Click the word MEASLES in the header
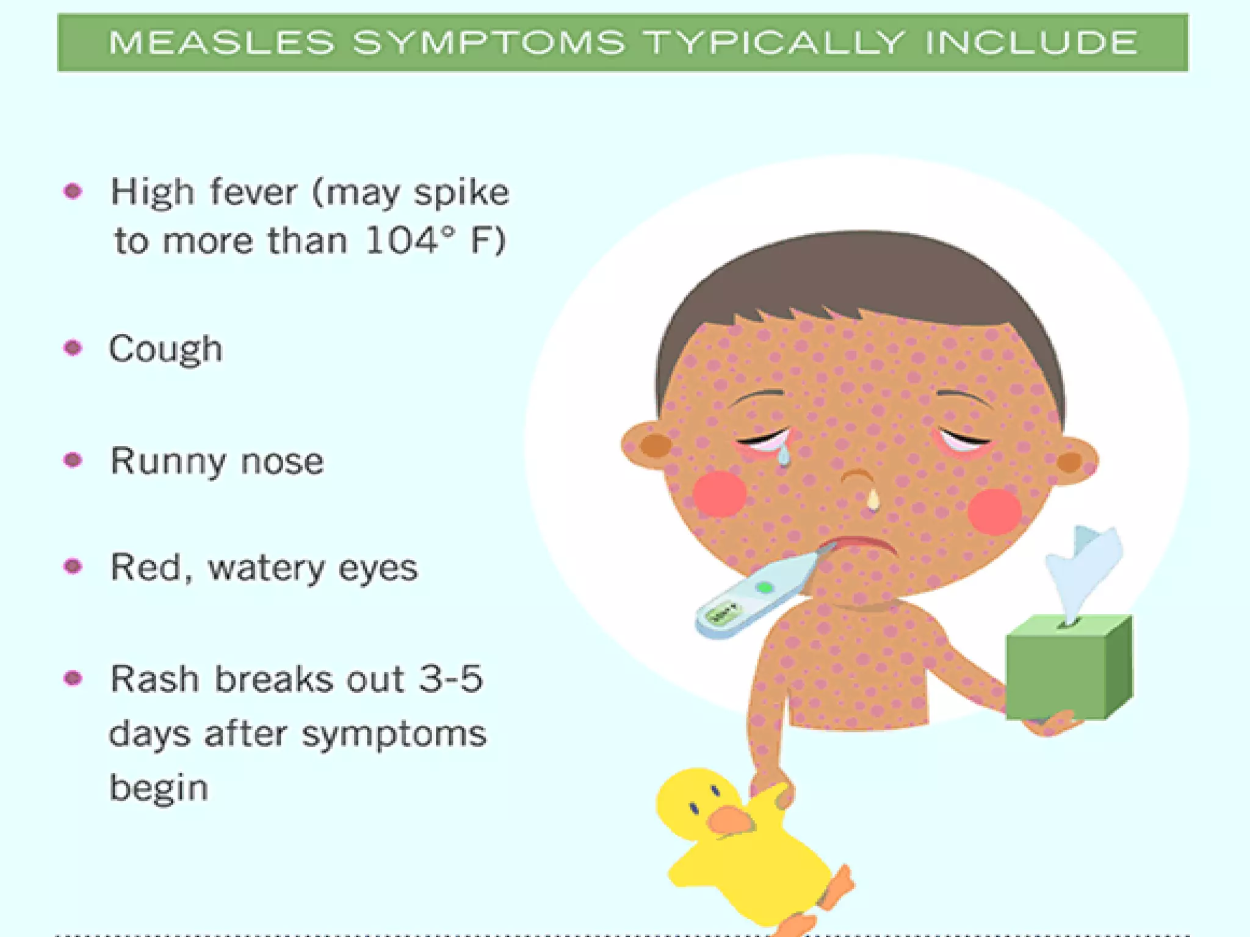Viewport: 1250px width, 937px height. [x=222, y=43]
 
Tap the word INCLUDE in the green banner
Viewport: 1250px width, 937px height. [x=1031, y=43]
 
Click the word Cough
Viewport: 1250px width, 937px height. [x=165, y=350]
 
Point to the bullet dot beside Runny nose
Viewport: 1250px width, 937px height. [x=73, y=460]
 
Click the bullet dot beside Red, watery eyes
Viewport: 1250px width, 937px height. [x=73, y=566]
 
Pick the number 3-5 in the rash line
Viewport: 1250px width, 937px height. [x=450, y=679]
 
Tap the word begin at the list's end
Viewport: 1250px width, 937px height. [x=159, y=787]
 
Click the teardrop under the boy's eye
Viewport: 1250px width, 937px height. [x=783, y=454]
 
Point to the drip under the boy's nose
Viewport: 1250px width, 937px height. [x=873, y=499]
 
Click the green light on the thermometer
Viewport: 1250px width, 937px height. [x=764, y=588]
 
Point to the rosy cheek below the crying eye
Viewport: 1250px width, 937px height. [x=720, y=493]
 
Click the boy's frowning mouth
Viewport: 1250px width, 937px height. [x=861, y=543]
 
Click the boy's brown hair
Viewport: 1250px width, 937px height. [x=854, y=275]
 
